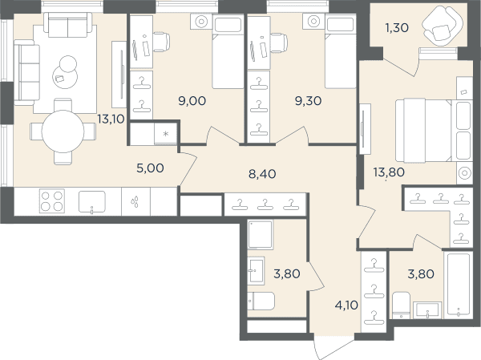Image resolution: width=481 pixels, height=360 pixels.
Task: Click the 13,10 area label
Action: (x=111, y=119)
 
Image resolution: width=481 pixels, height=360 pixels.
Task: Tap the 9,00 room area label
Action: (x=192, y=101)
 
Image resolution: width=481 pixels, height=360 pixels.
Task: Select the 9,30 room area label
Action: (x=309, y=101)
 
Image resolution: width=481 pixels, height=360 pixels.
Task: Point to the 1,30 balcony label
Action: (x=397, y=28)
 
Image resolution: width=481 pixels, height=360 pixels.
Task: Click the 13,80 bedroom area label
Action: (x=389, y=172)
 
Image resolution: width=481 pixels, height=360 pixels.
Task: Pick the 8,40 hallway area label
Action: (x=262, y=174)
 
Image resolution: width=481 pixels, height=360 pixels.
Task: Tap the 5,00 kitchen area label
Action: (x=151, y=168)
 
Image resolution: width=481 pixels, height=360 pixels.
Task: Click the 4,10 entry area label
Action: (x=346, y=305)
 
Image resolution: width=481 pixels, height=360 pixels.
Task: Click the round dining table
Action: (x=63, y=131)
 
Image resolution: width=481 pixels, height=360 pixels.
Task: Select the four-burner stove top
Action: (x=52, y=201)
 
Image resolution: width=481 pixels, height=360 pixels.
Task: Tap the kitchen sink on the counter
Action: (x=92, y=202)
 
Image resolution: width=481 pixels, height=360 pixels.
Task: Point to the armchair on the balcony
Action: (x=442, y=26)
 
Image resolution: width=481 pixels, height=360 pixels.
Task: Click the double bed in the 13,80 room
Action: (x=433, y=130)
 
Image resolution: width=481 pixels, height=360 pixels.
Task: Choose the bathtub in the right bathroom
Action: (x=459, y=284)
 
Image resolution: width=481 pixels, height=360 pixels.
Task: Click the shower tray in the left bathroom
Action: (x=260, y=234)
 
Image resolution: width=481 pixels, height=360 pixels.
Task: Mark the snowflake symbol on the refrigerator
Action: (x=166, y=134)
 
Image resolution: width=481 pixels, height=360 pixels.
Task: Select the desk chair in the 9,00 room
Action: (x=161, y=42)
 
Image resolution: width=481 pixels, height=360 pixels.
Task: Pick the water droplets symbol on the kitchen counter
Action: (x=135, y=202)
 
